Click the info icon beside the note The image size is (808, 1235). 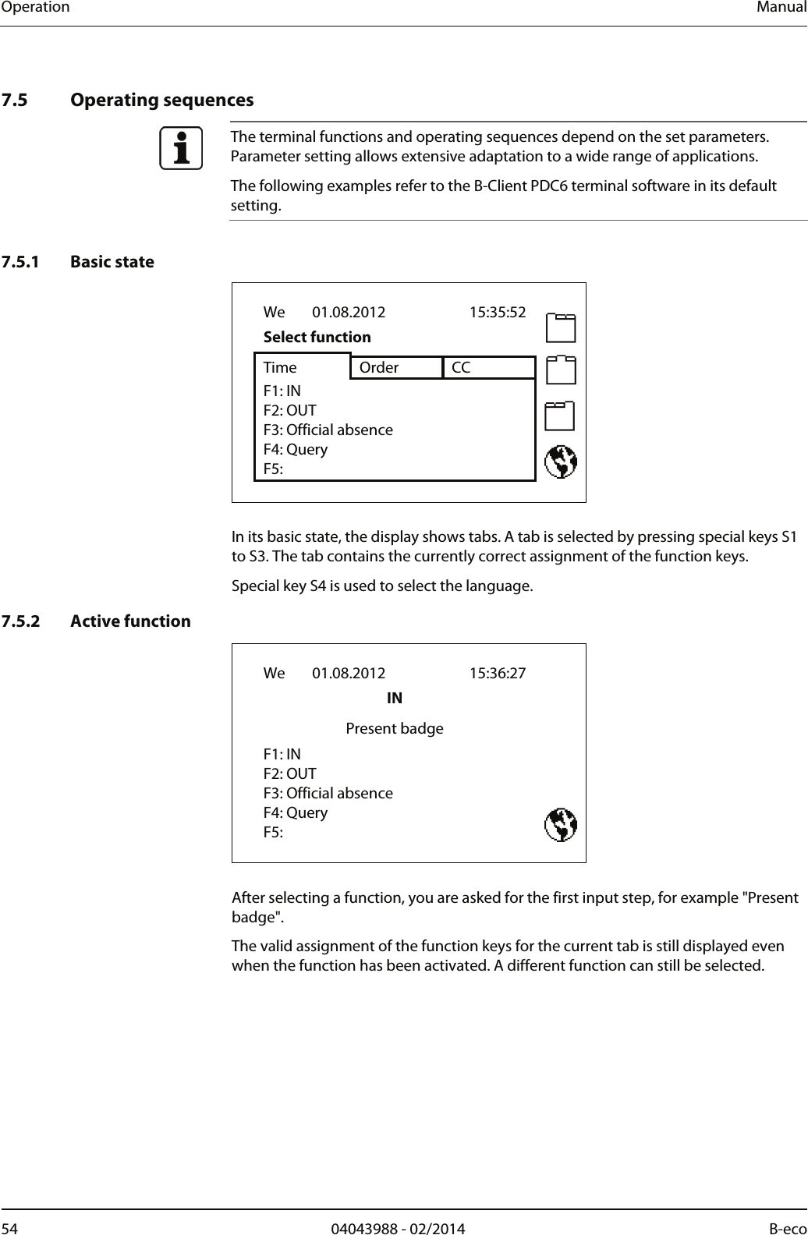[x=181, y=148]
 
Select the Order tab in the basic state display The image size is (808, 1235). [x=379, y=367]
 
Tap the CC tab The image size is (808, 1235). [x=461, y=367]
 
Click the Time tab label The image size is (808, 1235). [x=280, y=367]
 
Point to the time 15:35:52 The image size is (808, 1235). [x=497, y=313]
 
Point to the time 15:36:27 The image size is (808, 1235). [x=497, y=673]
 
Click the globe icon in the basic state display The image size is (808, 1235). [x=561, y=462]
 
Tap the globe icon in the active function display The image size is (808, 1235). [x=561, y=826]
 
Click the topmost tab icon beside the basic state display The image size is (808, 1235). [x=561, y=327]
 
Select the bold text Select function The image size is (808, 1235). [x=317, y=337]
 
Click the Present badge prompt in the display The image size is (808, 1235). [x=394, y=728]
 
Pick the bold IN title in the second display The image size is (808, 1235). [x=395, y=698]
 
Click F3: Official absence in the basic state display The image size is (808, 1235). [x=328, y=430]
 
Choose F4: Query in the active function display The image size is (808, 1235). [x=295, y=812]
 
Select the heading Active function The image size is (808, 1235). [x=130, y=621]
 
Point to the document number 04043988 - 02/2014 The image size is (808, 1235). [x=398, y=1229]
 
